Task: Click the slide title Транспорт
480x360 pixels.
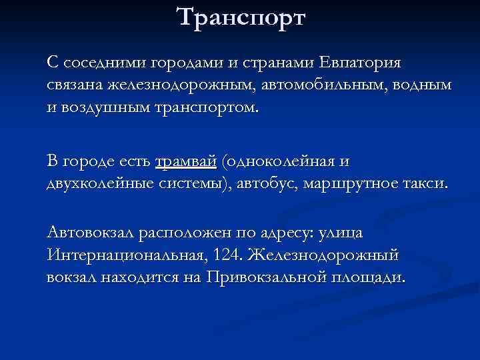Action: [241, 17]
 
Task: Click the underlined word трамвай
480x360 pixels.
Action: [186, 161]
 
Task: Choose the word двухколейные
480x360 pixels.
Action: [100, 183]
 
